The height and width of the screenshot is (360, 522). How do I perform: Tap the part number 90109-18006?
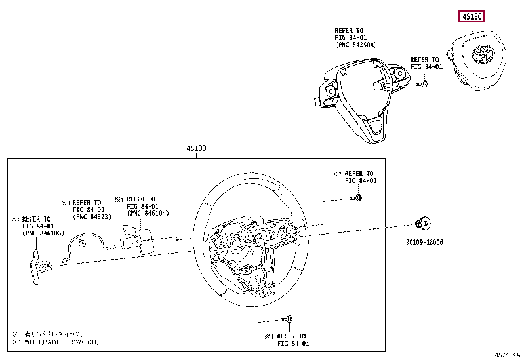[424, 242]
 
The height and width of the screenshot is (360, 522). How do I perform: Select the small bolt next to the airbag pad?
[424, 83]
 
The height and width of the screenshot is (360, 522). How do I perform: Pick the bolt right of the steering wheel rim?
[358, 197]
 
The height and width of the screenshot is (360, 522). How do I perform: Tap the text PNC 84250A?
[355, 45]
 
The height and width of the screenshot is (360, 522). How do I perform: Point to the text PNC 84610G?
[41, 233]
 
